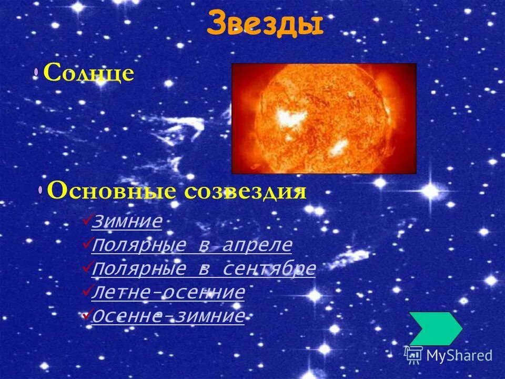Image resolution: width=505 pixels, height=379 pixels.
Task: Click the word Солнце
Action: (88, 73)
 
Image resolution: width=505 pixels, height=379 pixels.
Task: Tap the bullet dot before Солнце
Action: (36, 73)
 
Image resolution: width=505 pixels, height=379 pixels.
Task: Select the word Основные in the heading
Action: (113, 191)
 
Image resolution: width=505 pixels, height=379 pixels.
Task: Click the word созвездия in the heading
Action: (246, 191)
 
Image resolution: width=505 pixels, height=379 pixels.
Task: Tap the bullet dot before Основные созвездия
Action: (41, 191)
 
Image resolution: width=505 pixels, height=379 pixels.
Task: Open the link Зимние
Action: (126, 222)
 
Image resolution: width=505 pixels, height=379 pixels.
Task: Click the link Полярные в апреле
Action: (191, 245)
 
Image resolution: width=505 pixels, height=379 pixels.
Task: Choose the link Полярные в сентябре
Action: (204, 269)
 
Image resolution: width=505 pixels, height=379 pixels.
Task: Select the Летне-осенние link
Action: (168, 293)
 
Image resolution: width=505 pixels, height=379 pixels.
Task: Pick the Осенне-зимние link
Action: (168, 316)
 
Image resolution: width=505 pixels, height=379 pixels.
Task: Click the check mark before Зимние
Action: (87, 221)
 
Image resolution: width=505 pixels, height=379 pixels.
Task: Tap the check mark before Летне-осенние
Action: (87, 292)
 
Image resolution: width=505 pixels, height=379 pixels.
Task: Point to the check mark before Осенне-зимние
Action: (87, 315)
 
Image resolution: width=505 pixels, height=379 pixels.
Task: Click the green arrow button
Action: (435, 328)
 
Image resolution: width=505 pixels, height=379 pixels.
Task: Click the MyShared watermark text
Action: (459, 355)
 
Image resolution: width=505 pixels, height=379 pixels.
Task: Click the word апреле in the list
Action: (257, 245)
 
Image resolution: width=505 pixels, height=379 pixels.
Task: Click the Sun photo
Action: (324, 118)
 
